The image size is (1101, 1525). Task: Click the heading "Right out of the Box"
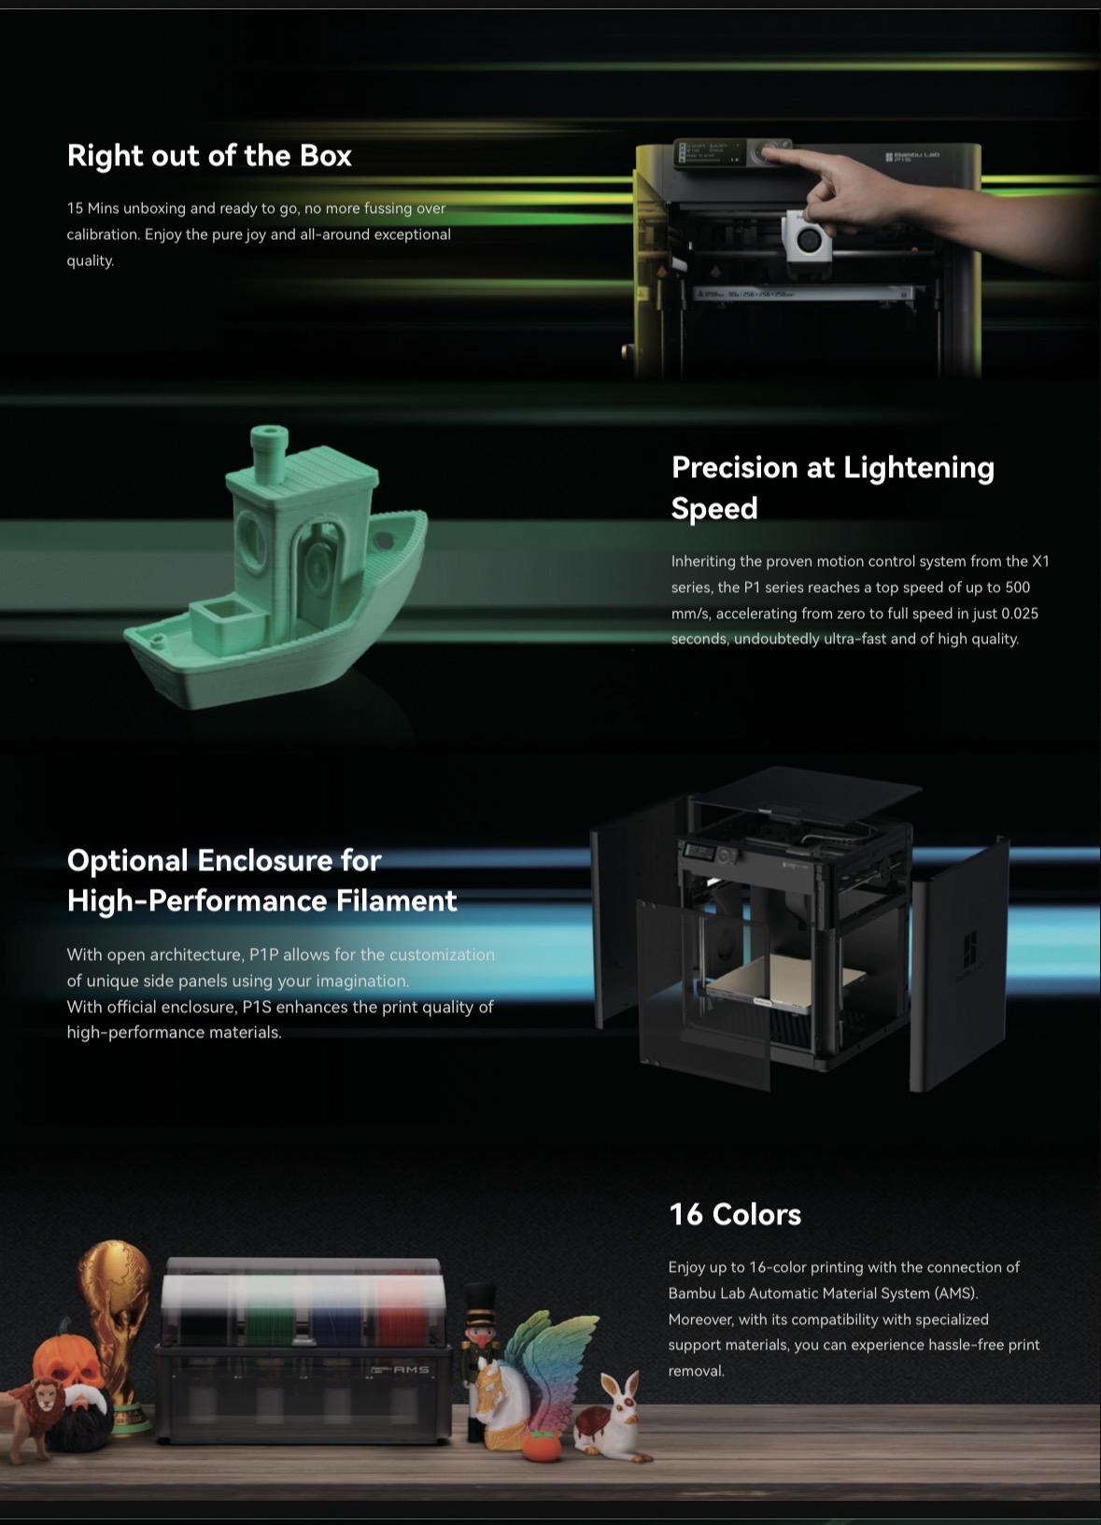click(209, 156)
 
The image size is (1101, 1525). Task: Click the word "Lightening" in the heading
click(919, 469)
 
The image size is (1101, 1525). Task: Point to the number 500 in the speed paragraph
click(1017, 587)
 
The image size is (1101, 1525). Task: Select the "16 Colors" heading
click(735, 1215)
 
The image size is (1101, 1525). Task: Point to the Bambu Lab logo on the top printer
click(912, 157)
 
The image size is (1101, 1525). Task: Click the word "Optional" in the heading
click(127, 862)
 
